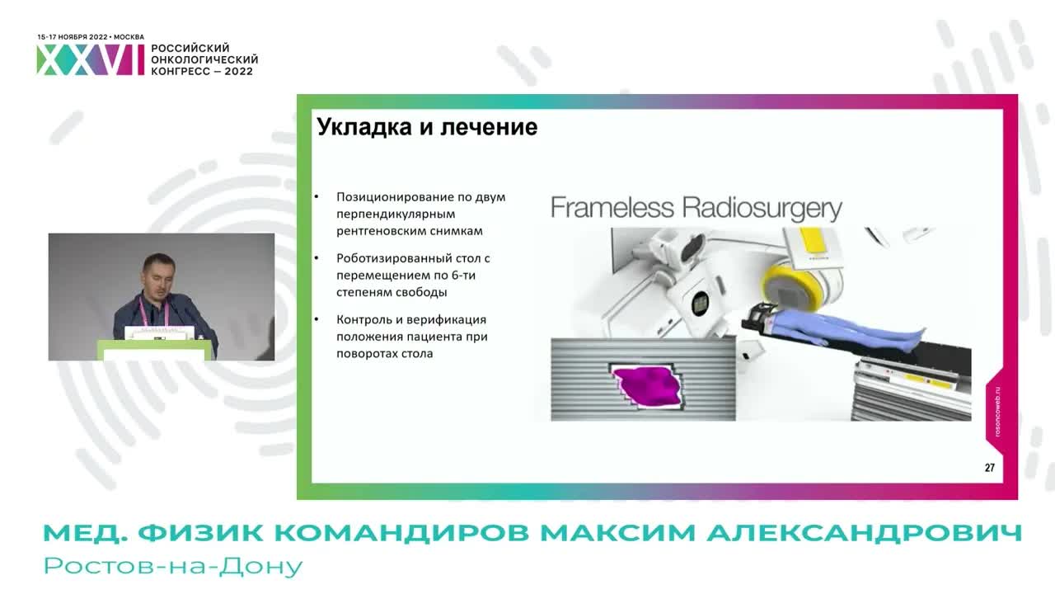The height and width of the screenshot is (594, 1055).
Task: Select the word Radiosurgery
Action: (x=762, y=207)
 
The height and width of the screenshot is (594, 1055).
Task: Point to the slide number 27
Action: (x=989, y=468)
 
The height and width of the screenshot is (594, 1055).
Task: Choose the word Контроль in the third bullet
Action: (x=364, y=319)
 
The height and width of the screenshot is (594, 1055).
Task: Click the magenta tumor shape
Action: (x=646, y=387)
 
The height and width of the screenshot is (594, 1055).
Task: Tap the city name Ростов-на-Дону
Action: (x=174, y=567)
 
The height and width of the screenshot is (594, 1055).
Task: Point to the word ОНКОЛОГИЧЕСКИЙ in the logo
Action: (x=204, y=59)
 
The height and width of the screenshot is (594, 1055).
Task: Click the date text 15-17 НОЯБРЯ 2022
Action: (x=73, y=37)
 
